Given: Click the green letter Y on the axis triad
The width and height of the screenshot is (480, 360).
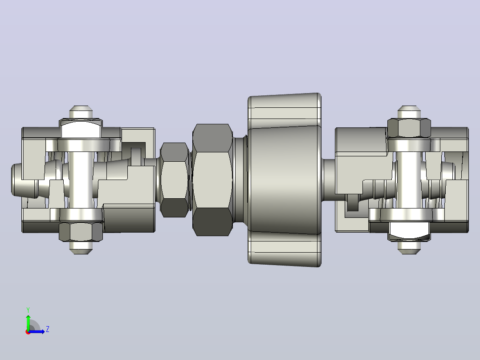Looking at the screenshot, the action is (28, 310).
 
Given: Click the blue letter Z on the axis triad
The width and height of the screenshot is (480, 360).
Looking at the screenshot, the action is (48, 329).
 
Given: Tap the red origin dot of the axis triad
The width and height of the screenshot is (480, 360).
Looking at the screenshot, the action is (28, 332).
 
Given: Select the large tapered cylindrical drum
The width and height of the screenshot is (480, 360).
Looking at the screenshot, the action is (285, 180).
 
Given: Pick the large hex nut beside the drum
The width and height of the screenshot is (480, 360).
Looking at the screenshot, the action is (212, 180).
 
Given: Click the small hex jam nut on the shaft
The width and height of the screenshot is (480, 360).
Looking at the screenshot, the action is (174, 180).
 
